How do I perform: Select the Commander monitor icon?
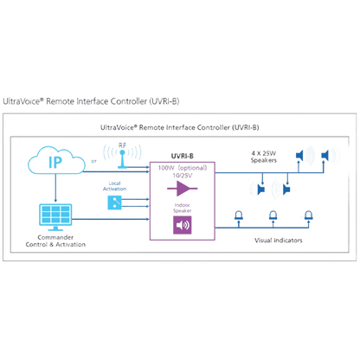(x=55, y=217)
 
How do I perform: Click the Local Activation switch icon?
(x=114, y=202)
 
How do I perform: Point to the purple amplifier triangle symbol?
(x=183, y=189)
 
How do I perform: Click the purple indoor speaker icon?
(x=183, y=225)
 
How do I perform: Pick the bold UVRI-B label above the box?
(x=183, y=156)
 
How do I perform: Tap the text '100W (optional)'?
(x=183, y=168)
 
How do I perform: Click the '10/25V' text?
(x=183, y=176)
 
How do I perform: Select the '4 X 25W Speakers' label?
(x=263, y=157)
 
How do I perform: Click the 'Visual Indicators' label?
(x=279, y=241)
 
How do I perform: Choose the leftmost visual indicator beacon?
(x=239, y=215)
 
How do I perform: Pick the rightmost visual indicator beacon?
(x=309, y=215)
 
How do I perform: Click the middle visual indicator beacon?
(x=273, y=215)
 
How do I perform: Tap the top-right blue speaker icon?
(x=325, y=156)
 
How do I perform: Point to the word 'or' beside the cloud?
(x=93, y=161)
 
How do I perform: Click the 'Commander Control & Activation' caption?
(x=55, y=241)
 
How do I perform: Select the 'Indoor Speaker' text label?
(x=182, y=208)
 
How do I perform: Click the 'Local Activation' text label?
(x=114, y=186)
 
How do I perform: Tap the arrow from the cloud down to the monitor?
(x=55, y=188)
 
